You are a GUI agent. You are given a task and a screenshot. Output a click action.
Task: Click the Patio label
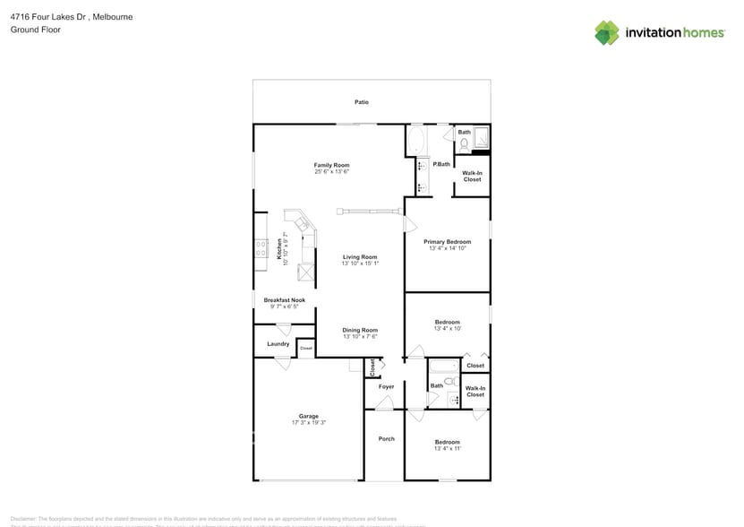pyautogui.click(x=361, y=102)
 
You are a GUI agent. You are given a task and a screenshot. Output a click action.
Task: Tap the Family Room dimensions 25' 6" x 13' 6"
pyautogui.click(x=331, y=171)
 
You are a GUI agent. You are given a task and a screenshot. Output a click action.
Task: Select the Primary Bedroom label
pyautogui.click(x=447, y=242)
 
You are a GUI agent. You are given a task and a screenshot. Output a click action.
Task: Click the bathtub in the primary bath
pyautogui.click(x=416, y=140)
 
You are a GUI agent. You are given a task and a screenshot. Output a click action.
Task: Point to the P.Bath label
pyautogui.click(x=440, y=164)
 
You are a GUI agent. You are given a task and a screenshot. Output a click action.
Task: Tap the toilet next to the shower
pyautogui.click(x=464, y=143)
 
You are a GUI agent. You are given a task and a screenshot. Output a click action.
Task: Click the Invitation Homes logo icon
pyautogui.click(x=607, y=33)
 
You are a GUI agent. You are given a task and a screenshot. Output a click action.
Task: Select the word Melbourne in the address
pyautogui.click(x=112, y=16)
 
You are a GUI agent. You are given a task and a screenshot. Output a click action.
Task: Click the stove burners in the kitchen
pyautogui.click(x=261, y=248)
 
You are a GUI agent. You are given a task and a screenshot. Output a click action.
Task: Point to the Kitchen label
pyautogui.click(x=279, y=248)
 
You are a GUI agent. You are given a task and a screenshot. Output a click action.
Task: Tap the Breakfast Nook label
pyautogui.click(x=284, y=300)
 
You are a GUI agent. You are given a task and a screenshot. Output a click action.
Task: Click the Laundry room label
pyautogui.click(x=278, y=343)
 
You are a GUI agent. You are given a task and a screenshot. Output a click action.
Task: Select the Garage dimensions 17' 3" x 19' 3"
pyautogui.click(x=308, y=422)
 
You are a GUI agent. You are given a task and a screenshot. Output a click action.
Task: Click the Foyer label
pyautogui.click(x=387, y=386)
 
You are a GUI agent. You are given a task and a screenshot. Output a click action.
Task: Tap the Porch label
pyautogui.click(x=386, y=438)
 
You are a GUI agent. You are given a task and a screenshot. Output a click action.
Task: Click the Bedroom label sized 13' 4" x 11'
pyautogui.click(x=447, y=442)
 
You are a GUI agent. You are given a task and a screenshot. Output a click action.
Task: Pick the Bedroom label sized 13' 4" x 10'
pyautogui.click(x=447, y=322)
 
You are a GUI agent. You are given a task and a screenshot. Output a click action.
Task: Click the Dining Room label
pyautogui.click(x=360, y=330)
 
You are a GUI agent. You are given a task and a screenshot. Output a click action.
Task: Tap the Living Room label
pyautogui.click(x=360, y=257)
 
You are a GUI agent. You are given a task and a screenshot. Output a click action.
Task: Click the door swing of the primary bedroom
pyautogui.click(x=410, y=222)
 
